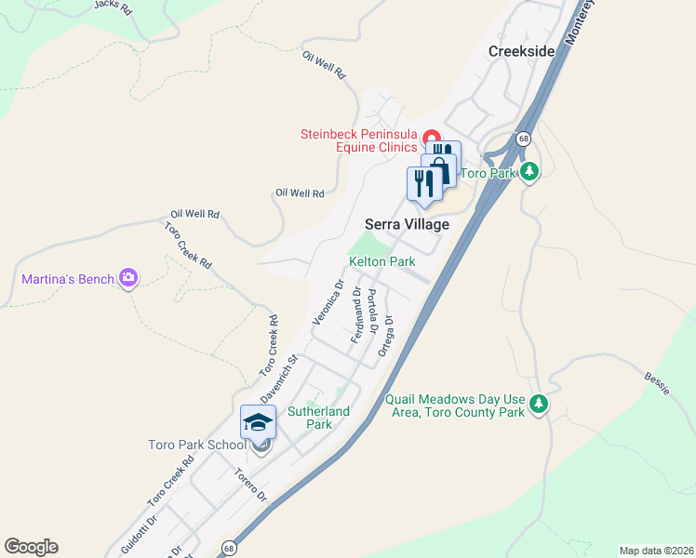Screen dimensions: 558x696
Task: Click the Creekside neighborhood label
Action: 522,51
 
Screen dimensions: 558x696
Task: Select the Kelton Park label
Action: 381,262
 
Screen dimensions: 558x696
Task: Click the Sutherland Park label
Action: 319,418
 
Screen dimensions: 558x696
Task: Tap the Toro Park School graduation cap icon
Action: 258,423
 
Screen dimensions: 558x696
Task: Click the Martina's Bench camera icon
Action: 128,278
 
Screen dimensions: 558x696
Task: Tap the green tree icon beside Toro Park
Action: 529,171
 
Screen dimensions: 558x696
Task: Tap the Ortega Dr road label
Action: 387,336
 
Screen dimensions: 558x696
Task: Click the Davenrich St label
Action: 277,379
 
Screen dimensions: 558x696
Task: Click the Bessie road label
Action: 657,383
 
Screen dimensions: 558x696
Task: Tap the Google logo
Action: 31,547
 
